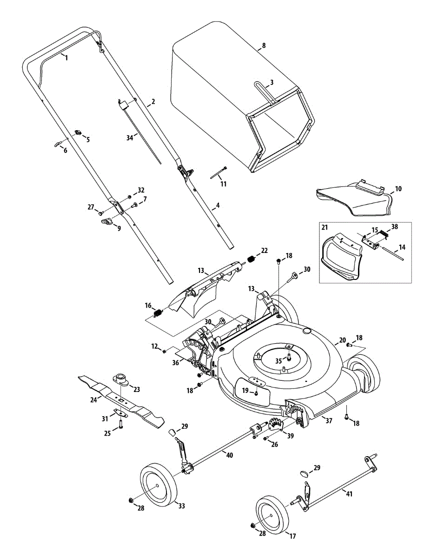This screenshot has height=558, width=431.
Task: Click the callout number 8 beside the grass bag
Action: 264,46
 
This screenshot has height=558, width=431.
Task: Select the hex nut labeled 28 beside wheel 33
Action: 131,500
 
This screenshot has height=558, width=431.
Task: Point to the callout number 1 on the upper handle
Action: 66,58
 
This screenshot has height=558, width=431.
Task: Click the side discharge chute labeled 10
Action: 353,200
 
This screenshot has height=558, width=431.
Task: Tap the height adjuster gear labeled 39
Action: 276,426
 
